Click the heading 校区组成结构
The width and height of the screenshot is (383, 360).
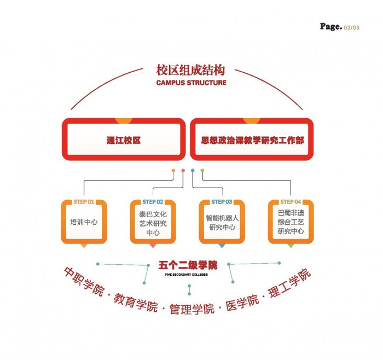[x=190, y=71]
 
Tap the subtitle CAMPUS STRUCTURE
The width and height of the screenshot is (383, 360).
[x=190, y=83]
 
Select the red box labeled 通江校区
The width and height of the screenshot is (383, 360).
[x=124, y=140]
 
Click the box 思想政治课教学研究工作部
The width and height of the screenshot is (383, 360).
[x=251, y=140]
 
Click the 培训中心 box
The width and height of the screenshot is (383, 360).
[x=84, y=223]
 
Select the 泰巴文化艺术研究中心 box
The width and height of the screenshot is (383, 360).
[x=153, y=223]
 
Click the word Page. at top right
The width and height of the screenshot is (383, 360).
[x=331, y=26]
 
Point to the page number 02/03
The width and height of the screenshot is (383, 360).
[x=352, y=27]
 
